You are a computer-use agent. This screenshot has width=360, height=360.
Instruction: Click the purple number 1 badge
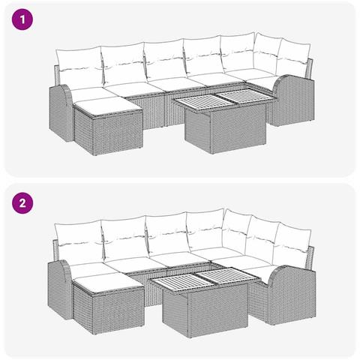tap(25, 22)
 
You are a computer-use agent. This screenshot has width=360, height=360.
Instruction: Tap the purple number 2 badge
tap(25, 202)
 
